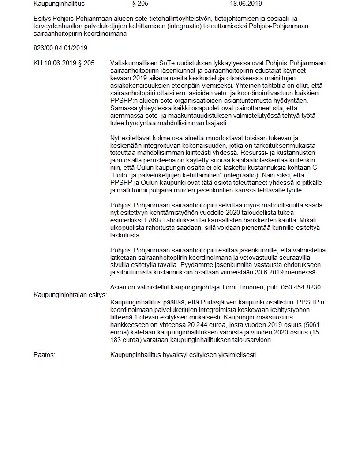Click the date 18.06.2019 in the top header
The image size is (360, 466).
(x=246, y=4)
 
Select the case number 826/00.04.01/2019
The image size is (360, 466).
(x=60, y=47)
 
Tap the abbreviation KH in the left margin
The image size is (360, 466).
(x=38, y=63)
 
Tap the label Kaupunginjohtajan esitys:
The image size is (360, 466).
(x=70, y=295)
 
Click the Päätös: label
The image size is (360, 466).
(x=44, y=355)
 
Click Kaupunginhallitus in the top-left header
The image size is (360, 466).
(x=59, y=4)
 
